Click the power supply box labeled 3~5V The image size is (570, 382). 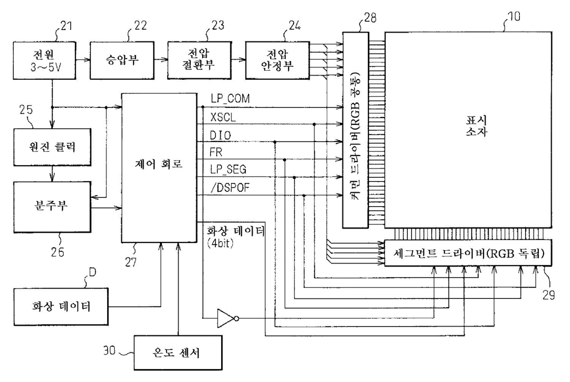45,61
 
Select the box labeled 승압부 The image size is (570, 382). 122,61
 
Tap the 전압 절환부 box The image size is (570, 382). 199,61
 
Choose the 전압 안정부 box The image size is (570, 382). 277,61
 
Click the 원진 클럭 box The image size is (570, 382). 52,147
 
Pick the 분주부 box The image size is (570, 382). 52,207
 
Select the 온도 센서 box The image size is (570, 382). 178,353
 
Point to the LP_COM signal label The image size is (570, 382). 230,99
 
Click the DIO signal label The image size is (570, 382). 220,135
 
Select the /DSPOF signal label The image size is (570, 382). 230,188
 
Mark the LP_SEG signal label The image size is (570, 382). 228,169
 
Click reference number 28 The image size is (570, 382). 370,18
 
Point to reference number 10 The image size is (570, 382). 514,16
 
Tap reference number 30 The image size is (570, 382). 109,350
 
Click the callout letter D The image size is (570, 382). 92,272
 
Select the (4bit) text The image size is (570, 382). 220,244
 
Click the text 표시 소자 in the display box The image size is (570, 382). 476,126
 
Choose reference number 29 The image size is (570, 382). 548,295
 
